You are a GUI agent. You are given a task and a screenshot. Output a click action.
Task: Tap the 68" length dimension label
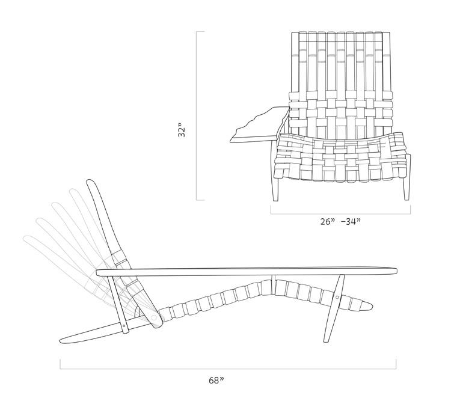click(x=216, y=380)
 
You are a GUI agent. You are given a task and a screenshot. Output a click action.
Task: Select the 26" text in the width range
click(x=328, y=221)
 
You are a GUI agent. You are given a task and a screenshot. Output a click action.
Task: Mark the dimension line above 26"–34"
click(x=340, y=213)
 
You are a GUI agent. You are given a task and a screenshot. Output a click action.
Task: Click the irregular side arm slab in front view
click(x=256, y=127)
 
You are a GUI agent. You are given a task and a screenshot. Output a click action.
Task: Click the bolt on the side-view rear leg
click(x=124, y=328)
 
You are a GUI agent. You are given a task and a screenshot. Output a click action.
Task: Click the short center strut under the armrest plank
click(x=274, y=283)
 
